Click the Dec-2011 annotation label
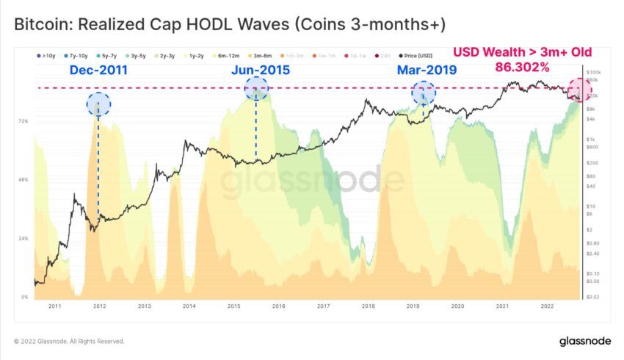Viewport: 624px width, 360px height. click(98, 71)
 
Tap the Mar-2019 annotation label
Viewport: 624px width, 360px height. click(427, 71)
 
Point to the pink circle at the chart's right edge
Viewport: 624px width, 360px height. click(580, 90)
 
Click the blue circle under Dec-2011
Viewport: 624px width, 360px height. click(98, 104)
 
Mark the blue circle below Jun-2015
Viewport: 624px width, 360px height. click(256, 89)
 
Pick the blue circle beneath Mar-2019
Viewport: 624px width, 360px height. click(424, 93)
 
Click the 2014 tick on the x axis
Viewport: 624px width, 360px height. click(189, 305)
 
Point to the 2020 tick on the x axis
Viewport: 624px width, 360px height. click(457, 305)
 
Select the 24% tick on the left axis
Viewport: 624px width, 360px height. click(23, 239)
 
